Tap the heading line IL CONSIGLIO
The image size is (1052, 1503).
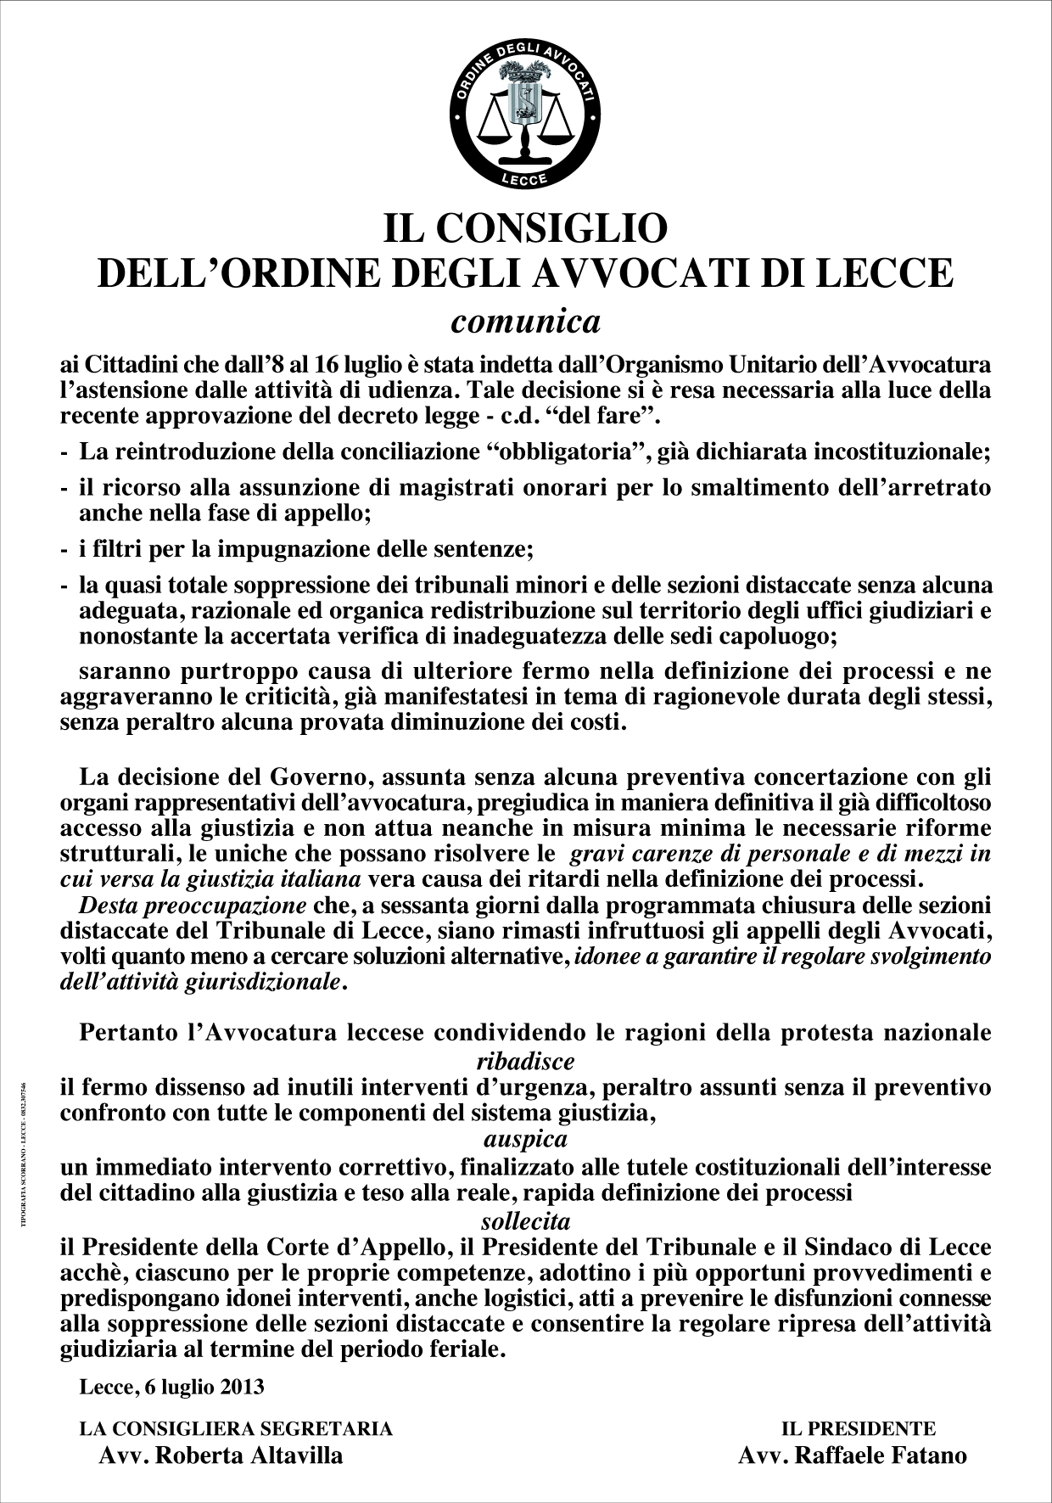coord(525,228)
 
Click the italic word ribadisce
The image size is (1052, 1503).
coord(525,1060)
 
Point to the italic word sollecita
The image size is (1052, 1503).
coord(525,1221)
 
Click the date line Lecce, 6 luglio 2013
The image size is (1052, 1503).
coord(171,1387)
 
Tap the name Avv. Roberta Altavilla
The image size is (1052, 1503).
coord(221,1455)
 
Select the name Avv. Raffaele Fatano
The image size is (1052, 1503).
coord(853,1455)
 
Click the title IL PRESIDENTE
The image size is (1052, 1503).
coord(858,1428)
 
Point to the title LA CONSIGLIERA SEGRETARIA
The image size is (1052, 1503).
coord(236,1428)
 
